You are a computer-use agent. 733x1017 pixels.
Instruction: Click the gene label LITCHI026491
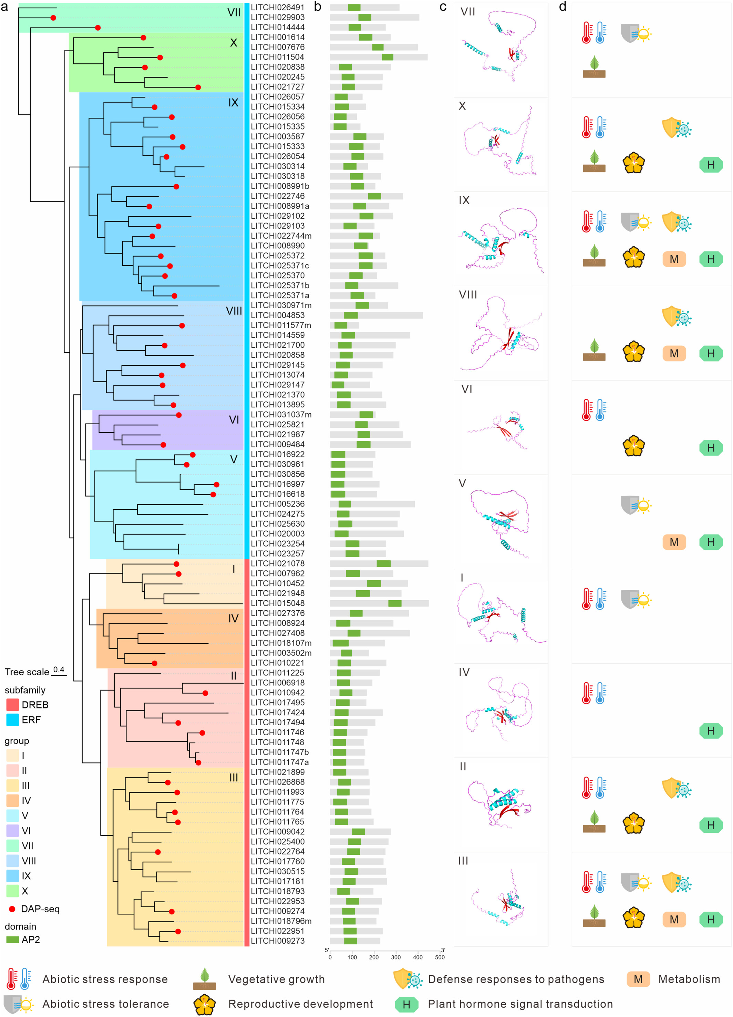click(277, 7)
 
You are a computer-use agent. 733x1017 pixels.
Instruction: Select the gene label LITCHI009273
click(277, 941)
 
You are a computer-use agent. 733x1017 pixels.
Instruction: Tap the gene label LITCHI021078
click(277, 563)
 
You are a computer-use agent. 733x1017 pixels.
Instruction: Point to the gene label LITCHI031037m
click(281, 414)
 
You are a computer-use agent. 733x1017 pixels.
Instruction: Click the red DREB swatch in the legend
click(12, 704)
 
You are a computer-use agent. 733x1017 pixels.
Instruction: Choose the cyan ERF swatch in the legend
click(12, 720)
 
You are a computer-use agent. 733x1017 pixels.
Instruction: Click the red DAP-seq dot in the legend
click(12, 909)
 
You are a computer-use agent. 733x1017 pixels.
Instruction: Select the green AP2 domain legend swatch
click(12, 940)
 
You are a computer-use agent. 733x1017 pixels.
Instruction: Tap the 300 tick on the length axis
click(396, 957)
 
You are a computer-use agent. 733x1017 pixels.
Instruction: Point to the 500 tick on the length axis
click(440, 957)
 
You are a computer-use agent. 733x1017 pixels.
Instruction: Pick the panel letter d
click(562, 7)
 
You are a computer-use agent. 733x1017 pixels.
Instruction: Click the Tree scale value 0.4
click(59, 670)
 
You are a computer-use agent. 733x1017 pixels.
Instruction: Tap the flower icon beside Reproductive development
click(205, 1004)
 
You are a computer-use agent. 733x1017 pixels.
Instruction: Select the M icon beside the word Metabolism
click(638, 979)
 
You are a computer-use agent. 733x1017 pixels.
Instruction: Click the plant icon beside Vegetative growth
click(205, 979)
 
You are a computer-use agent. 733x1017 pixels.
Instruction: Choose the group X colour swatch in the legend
click(12, 891)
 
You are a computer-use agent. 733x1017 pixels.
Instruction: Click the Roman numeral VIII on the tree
click(234, 311)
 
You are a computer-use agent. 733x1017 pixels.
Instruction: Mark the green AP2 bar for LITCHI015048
click(395, 603)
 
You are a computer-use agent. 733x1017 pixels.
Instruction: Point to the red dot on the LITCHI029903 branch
click(53, 18)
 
